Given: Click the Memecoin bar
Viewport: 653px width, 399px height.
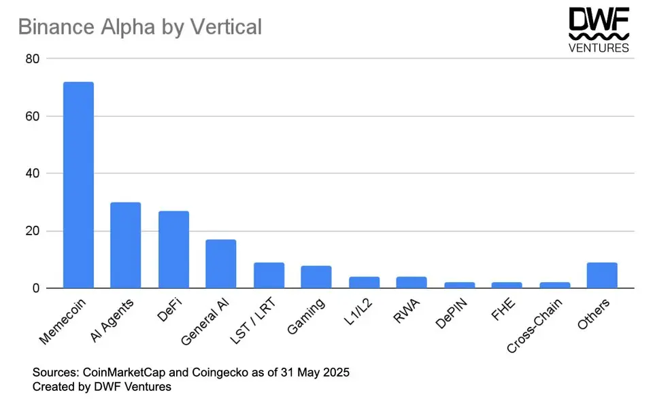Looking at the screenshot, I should (x=78, y=185).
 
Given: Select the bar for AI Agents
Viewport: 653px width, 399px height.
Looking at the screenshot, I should (x=126, y=245).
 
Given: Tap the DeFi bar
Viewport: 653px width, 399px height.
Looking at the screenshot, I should (x=173, y=249).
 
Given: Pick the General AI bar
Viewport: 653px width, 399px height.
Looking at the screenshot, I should (x=221, y=264).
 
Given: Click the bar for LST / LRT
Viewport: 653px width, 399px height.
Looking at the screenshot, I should (x=269, y=275).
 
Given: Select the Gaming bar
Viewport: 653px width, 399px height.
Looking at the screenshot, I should (x=316, y=277).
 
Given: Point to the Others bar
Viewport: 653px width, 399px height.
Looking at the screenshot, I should (x=602, y=275).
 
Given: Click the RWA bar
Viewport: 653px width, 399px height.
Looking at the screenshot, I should (x=412, y=282).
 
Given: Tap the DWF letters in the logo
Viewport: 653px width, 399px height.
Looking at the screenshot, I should (x=599, y=20).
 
